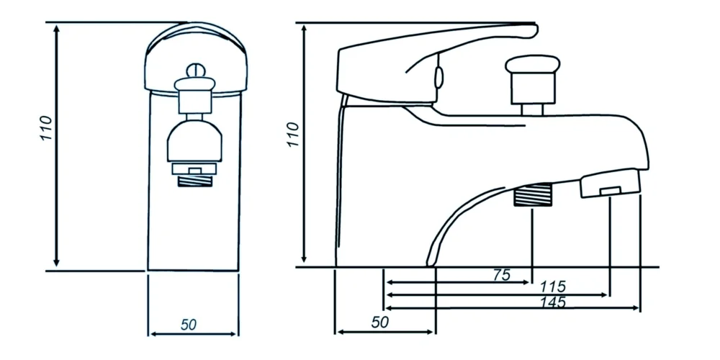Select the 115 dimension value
pos(553,287)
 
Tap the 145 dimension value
pos(552,302)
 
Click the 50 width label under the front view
pos(189,324)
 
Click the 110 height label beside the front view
pos(45,129)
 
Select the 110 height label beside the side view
pos(292,135)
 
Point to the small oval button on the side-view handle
pos(438,77)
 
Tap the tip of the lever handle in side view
pos(534,30)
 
